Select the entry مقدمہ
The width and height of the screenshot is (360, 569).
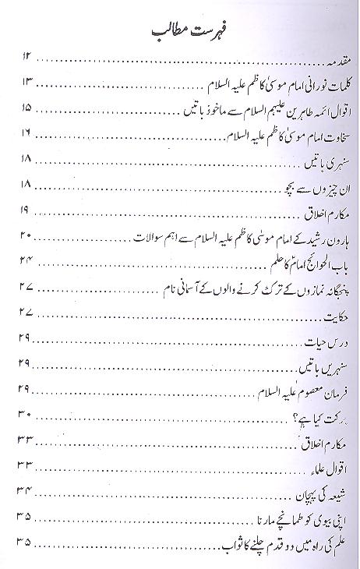[320, 59]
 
